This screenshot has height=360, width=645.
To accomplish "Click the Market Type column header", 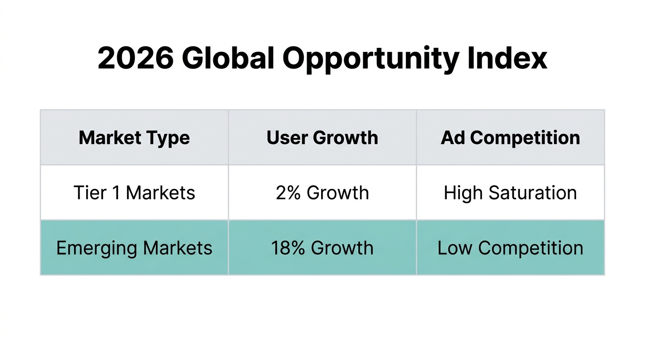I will (135, 138).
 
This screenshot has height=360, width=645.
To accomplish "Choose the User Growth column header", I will (322, 138).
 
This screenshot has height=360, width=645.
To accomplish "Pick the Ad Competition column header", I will (510, 138).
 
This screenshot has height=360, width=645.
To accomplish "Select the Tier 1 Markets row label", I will (135, 193).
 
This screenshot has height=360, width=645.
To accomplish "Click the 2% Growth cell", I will (322, 193).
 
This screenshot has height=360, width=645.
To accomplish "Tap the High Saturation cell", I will (510, 193).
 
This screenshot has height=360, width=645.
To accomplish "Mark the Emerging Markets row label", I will (135, 248).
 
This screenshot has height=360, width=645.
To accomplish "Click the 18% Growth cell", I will (322, 248).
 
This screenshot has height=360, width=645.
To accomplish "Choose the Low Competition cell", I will (510, 248).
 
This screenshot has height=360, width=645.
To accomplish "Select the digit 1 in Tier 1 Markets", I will (118, 193).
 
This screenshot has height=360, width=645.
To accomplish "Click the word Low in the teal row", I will (455, 248).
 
